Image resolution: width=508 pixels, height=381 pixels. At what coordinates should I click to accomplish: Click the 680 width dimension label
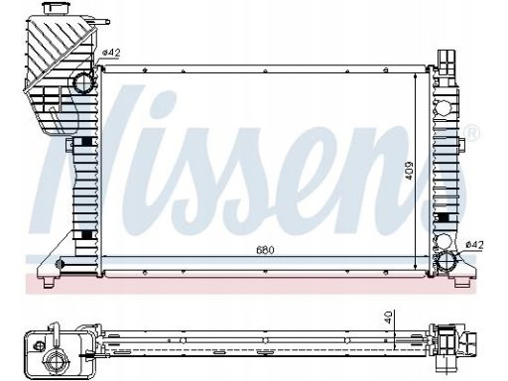point(265,250)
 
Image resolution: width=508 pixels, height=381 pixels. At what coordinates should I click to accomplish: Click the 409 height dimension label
point(409,171)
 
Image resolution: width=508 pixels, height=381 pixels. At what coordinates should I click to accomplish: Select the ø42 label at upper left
point(111,53)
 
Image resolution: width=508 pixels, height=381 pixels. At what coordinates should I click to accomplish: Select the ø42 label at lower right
point(474,245)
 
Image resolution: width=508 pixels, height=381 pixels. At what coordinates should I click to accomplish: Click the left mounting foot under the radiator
point(49,282)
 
